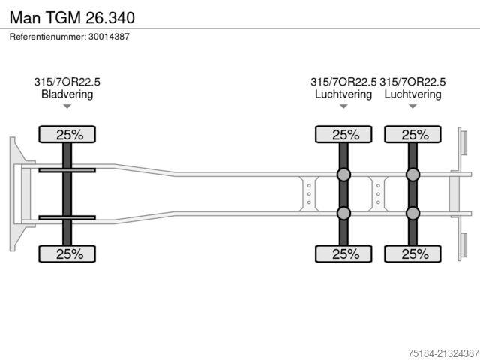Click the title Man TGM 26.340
72,17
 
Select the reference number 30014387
109,37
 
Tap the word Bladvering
67,94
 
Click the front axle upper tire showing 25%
67,134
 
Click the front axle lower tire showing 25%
67,253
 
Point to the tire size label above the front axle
67,82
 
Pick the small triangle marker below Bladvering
67,106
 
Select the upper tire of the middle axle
343,134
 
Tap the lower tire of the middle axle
343,253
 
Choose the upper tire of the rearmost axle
412,134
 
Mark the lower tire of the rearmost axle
412,253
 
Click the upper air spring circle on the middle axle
343,175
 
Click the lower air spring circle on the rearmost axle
412,213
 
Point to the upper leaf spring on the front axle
67,170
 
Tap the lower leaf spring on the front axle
67,217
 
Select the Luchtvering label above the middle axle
343,94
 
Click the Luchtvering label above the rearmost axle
412,94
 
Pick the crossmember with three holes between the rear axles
378,194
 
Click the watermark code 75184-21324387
443,353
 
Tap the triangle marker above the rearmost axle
412,106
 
